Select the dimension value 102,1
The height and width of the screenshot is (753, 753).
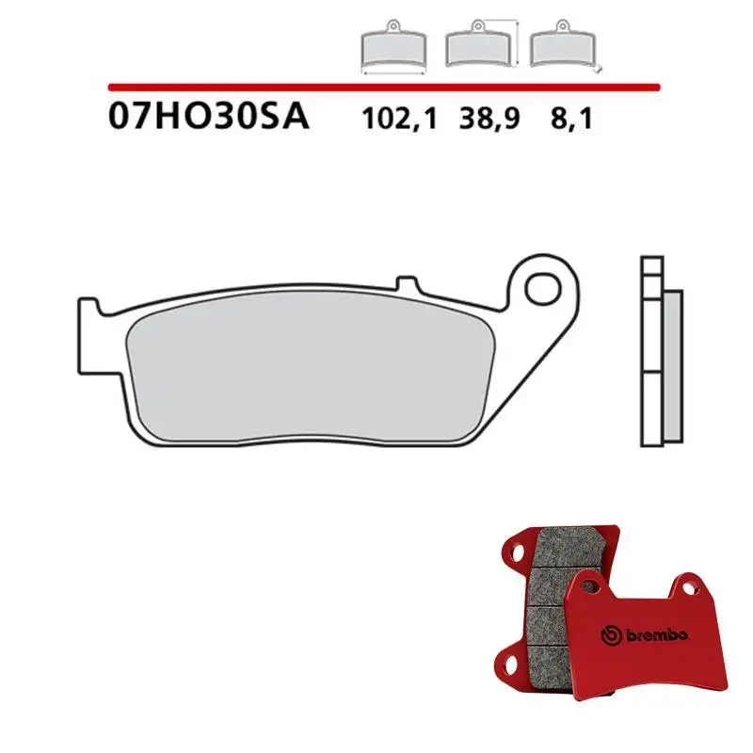tap(398, 120)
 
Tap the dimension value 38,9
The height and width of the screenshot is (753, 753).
tap(489, 120)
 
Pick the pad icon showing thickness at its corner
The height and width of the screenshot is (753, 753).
tap(563, 47)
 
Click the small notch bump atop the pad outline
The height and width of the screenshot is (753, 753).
tap(407, 282)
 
